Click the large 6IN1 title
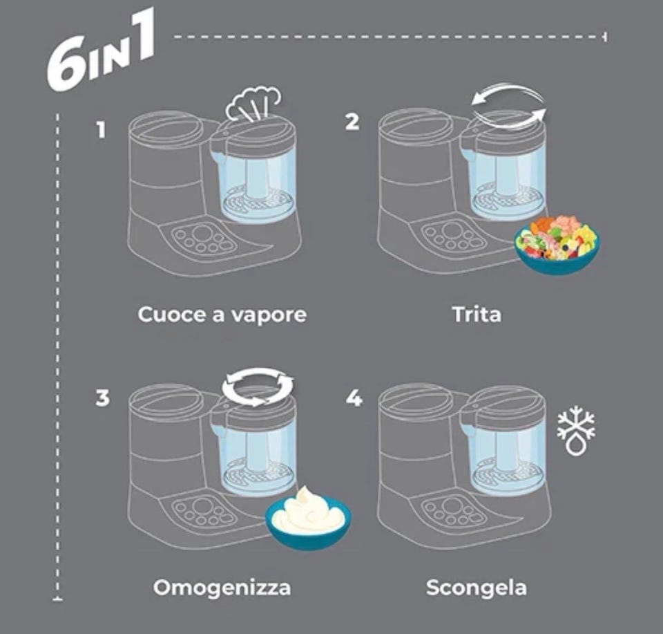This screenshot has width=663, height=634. pos(101,50)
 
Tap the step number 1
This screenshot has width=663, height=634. pos(101,130)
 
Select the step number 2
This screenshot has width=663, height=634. pos(352,122)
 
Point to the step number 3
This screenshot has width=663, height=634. pos(102,398)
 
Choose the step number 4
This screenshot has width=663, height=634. pos(354,398)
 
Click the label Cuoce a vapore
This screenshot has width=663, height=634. pos(222,315)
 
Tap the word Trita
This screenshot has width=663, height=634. pos(477,315)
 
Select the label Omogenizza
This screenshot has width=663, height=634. pos(222,588)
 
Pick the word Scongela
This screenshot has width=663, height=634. pos(477,588)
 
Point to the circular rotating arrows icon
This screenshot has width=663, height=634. pos(258,386)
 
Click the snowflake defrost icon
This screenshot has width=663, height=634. pos(576,431)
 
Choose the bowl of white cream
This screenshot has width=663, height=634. pos(308,518)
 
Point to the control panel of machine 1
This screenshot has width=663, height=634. pos(203,239)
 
